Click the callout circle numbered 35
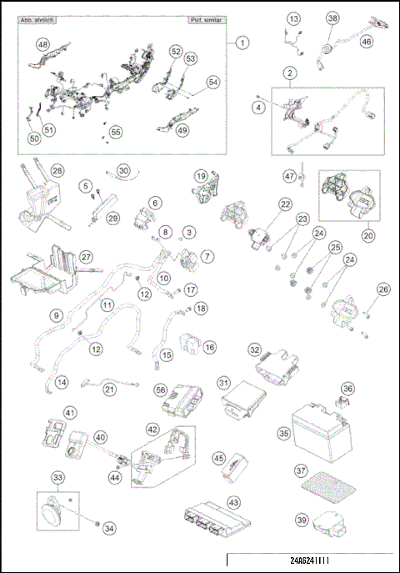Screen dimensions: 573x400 [x=283, y=433]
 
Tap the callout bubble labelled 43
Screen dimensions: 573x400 [x=233, y=502]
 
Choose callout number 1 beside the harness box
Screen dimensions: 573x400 [x=242, y=41]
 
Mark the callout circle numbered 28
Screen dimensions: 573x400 [x=57, y=170]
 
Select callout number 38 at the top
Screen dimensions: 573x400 [x=332, y=18]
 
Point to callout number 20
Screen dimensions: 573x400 [x=368, y=235]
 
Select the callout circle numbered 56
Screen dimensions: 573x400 [x=161, y=390]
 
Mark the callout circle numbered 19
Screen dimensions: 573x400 [x=201, y=176]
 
